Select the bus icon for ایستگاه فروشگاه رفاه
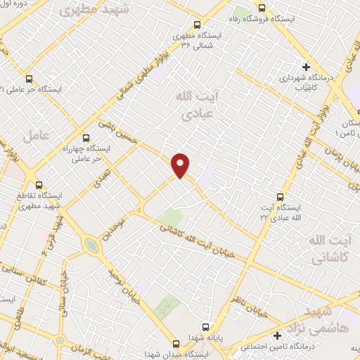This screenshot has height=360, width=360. tap(262, 8)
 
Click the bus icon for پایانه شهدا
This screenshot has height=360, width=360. tap(206, 327)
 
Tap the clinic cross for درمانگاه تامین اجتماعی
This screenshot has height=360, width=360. tap(278, 335)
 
